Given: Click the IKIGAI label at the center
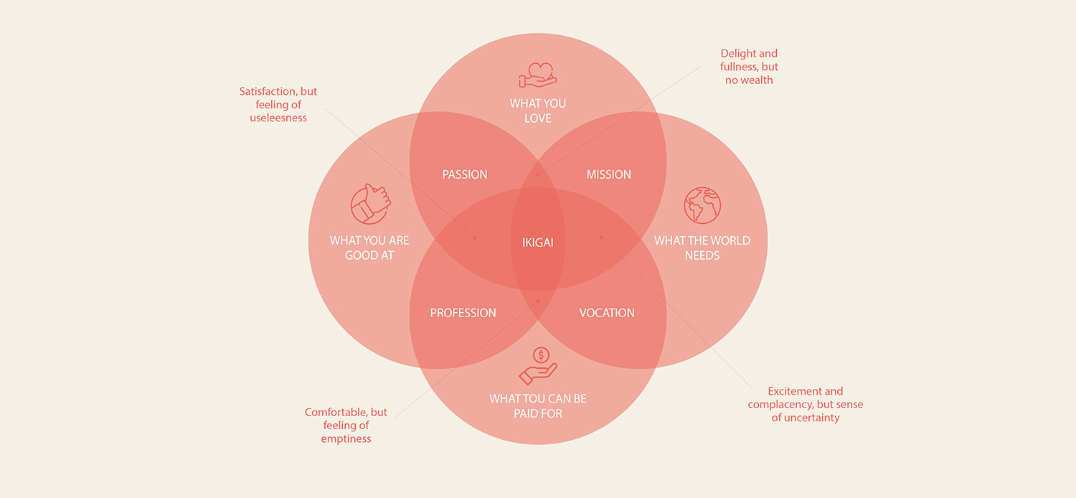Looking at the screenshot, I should click(537, 243).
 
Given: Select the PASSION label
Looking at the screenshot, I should click(465, 174).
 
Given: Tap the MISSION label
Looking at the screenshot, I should click(608, 174).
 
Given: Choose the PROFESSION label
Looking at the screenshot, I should click(463, 313).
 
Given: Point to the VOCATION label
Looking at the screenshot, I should click(607, 313).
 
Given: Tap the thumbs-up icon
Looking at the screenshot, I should click(370, 205).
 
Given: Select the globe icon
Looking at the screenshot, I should click(702, 205).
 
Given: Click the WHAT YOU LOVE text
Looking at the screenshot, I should click(538, 111).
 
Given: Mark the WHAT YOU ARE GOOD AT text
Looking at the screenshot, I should click(369, 248).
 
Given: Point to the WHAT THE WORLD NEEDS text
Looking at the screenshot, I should click(702, 248).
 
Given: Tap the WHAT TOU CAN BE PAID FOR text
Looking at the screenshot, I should click(538, 406).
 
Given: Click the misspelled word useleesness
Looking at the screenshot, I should click(278, 118).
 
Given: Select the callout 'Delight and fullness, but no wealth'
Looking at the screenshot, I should click(749, 67).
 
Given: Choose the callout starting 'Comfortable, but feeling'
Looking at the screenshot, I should click(346, 426).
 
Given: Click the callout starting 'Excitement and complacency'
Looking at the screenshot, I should click(806, 405).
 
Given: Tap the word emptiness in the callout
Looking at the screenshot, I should click(346, 438).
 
